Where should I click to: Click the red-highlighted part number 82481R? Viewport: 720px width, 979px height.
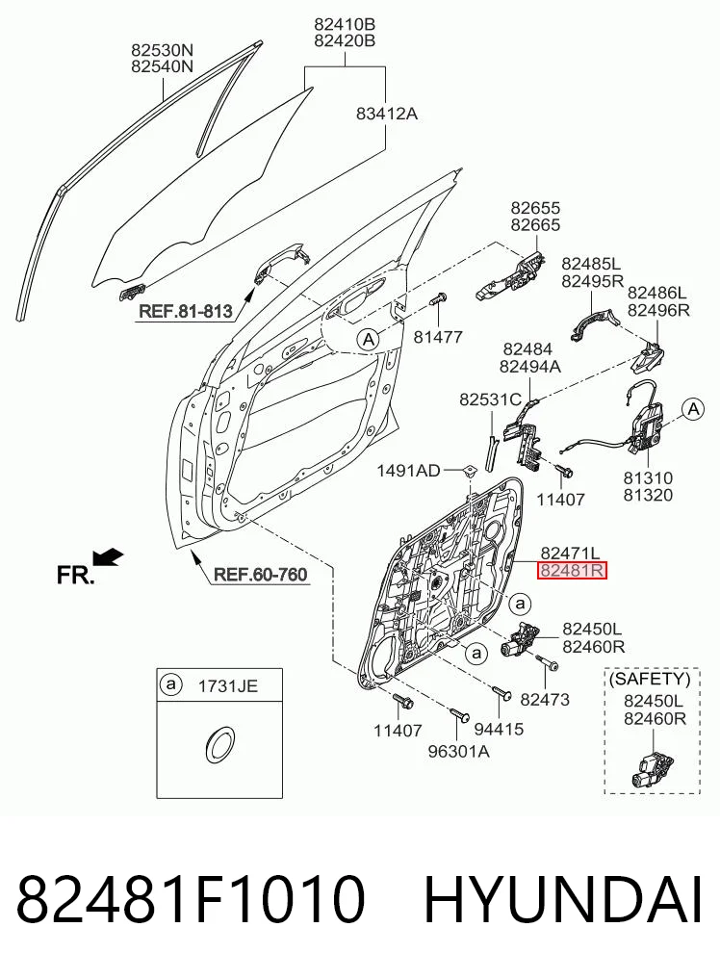click(x=572, y=570)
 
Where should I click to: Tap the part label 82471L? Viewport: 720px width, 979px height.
click(x=570, y=553)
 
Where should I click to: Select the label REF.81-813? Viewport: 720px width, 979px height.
click(x=186, y=311)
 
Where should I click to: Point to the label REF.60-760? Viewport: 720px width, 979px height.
click(x=261, y=574)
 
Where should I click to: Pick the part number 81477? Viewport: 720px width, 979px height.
click(x=438, y=337)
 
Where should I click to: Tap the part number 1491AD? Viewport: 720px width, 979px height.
click(x=408, y=471)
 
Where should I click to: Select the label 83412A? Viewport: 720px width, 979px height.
click(x=387, y=114)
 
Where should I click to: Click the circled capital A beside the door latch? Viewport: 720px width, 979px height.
click(x=692, y=409)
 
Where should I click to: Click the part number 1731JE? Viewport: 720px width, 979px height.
click(x=227, y=686)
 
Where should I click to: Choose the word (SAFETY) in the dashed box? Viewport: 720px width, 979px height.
click(x=650, y=680)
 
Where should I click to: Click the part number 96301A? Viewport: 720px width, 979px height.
click(x=458, y=751)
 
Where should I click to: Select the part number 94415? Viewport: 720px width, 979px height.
click(x=499, y=728)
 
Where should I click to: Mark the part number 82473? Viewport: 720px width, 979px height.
click(x=545, y=700)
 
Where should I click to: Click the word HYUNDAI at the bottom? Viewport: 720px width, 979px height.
click(x=563, y=900)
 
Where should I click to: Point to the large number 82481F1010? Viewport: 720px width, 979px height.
click(x=191, y=900)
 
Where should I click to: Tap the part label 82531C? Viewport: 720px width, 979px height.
click(x=490, y=399)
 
